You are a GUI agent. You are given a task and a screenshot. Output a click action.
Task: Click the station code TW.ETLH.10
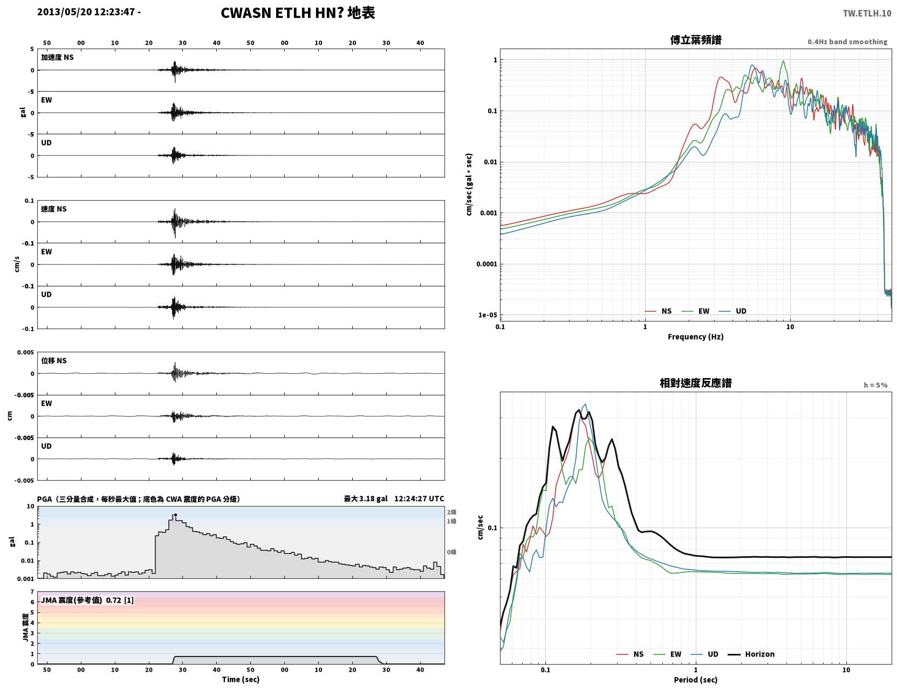click(x=867, y=13)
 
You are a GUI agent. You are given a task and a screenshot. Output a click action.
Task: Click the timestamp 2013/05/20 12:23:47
click(x=86, y=11)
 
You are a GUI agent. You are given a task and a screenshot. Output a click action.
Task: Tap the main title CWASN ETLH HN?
click(x=282, y=13)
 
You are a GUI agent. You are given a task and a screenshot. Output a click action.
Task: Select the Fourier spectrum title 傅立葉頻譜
click(x=696, y=40)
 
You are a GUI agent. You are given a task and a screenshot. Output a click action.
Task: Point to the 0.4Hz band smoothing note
click(x=847, y=42)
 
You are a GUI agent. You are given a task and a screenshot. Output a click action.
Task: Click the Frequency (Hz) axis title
click(x=696, y=337)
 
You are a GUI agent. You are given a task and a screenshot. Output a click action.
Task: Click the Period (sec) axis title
click(x=696, y=680)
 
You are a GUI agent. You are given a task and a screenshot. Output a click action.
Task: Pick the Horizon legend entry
click(x=751, y=654)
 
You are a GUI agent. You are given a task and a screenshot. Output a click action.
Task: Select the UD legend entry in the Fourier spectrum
click(x=732, y=311)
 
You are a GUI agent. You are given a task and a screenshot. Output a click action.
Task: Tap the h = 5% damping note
click(x=875, y=385)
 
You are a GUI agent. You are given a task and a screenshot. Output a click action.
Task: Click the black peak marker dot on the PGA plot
click(x=175, y=515)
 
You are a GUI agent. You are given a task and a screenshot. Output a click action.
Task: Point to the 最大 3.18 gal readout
click(x=366, y=498)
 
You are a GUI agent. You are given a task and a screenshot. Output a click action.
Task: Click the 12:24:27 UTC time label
click(x=419, y=498)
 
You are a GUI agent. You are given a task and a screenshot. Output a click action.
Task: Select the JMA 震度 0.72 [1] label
click(x=87, y=600)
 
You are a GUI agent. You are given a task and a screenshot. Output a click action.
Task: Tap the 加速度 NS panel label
click(x=57, y=57)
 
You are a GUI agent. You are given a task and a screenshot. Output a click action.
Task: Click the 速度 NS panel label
click(x=53, y=209)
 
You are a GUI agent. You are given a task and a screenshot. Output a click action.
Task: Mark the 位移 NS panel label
click(x=53, y=361)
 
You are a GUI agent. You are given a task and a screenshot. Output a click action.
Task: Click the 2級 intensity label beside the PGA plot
click(x=451, y=512)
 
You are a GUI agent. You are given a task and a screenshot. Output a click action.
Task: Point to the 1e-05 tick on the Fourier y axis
click(x=488, y=315)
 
